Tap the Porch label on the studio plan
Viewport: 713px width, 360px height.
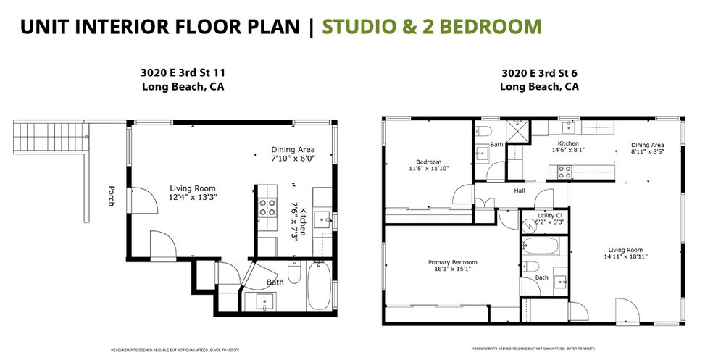click(111, 196)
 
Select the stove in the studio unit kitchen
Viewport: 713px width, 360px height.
click(267, 209)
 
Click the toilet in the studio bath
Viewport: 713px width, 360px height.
click(295, 272)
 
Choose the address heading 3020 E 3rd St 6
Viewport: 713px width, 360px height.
click(539, 73)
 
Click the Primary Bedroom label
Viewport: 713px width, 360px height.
click(452, 262)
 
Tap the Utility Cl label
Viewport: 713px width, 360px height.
click(547, 216)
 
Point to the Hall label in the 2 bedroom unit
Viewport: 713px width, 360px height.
click(520, 191)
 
